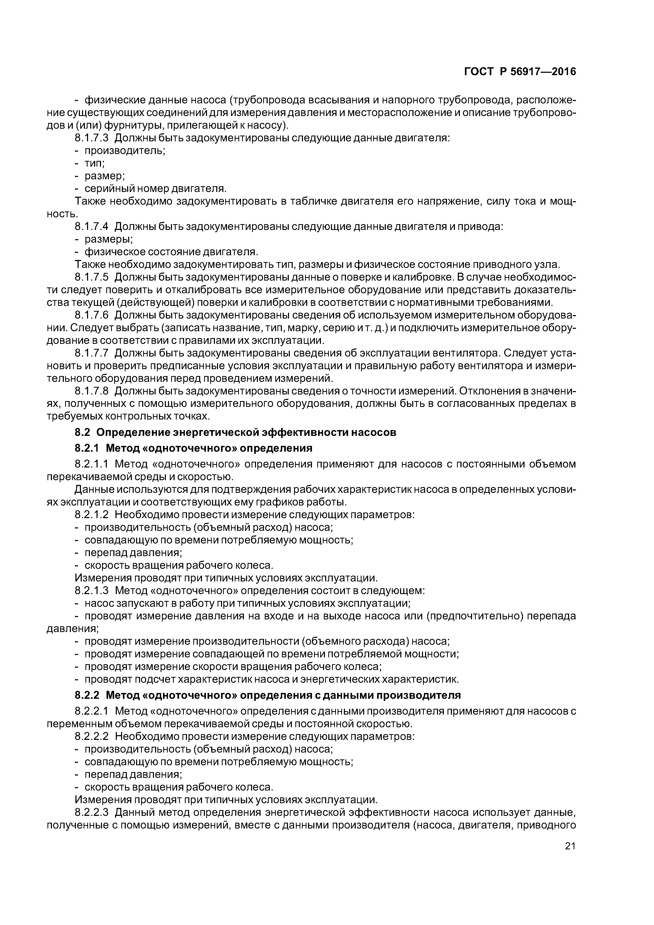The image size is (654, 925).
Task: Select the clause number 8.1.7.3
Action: tap(92, 138)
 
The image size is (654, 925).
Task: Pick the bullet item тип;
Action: tap(94, 163)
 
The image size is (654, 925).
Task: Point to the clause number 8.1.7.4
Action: tap(92, 227)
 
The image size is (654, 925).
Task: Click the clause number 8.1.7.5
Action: tap(92, 277)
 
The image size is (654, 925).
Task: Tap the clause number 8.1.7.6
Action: tap(92, 315)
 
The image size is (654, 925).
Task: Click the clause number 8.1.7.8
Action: tap(92, 391)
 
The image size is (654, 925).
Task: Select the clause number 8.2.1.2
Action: tap(92, 514)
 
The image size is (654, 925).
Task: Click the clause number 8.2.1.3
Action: tap(92, 591)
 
